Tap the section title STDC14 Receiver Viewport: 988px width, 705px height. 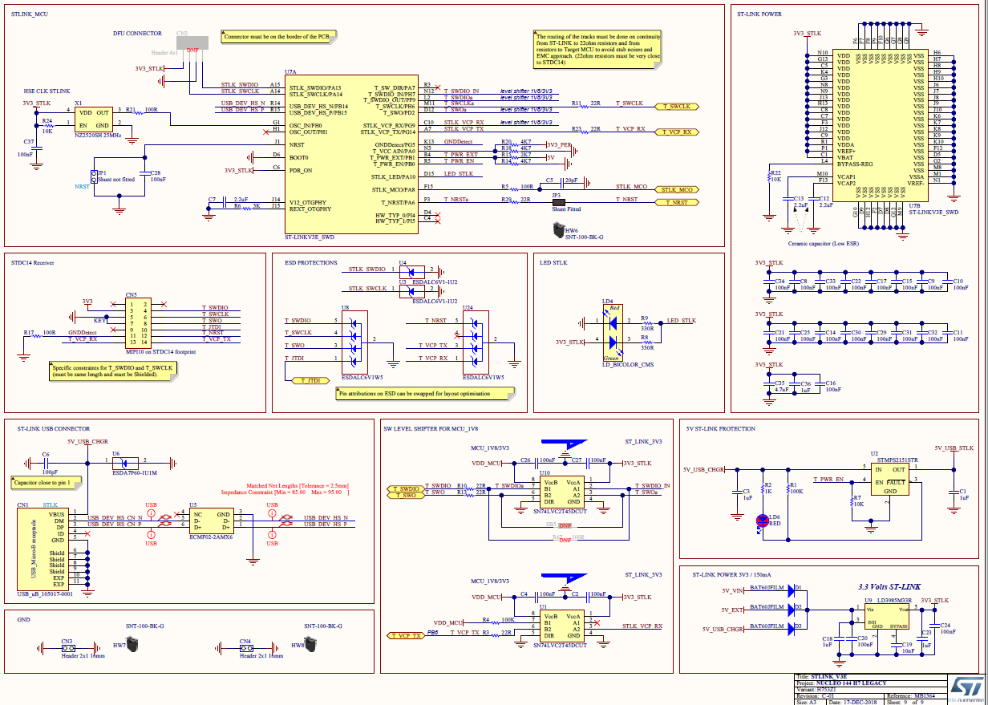click(33, 262)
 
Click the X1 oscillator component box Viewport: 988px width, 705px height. click(93, 120)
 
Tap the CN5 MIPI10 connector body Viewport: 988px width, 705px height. click(132, 322)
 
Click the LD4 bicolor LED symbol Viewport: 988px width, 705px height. click(613, 331)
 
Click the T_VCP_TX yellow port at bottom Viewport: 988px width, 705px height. click(406, 635)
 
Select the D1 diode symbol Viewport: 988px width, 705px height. click(795, 590)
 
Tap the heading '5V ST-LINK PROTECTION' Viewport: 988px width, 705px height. click(720, 428)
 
